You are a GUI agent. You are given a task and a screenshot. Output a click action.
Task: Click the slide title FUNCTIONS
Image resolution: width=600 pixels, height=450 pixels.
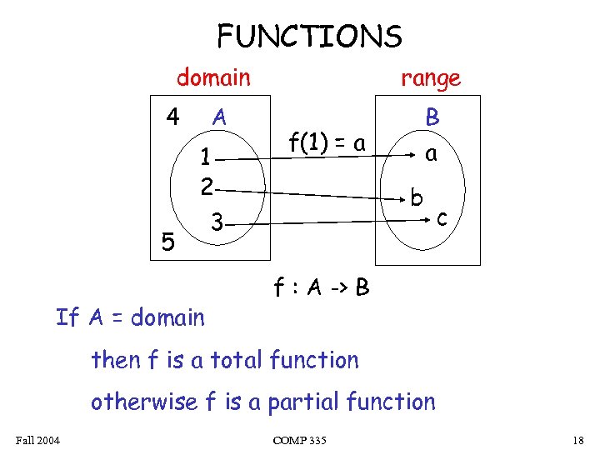point(309,37)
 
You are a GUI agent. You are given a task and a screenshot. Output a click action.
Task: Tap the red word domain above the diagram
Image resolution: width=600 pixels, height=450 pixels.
point(213,78)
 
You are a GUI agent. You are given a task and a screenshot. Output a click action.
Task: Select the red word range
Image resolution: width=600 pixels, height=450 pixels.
point(430,78)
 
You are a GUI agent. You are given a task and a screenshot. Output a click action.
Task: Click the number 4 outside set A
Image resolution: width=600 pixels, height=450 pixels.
point(172,116)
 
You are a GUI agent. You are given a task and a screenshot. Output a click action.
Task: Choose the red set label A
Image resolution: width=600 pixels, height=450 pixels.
point(219,117)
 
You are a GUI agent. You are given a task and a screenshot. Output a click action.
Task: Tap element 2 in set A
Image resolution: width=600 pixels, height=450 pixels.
point(207,185)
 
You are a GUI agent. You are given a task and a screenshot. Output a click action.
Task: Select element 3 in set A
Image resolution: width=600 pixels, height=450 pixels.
point(217,223)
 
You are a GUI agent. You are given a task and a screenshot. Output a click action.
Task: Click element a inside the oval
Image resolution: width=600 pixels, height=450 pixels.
point(431,153)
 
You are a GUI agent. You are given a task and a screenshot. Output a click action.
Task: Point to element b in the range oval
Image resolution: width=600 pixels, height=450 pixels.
point(417,198)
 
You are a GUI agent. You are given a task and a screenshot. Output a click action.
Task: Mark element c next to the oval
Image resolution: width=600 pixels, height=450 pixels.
point(443,218)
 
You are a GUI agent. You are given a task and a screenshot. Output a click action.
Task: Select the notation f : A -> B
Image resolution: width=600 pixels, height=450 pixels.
point(322,288)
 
